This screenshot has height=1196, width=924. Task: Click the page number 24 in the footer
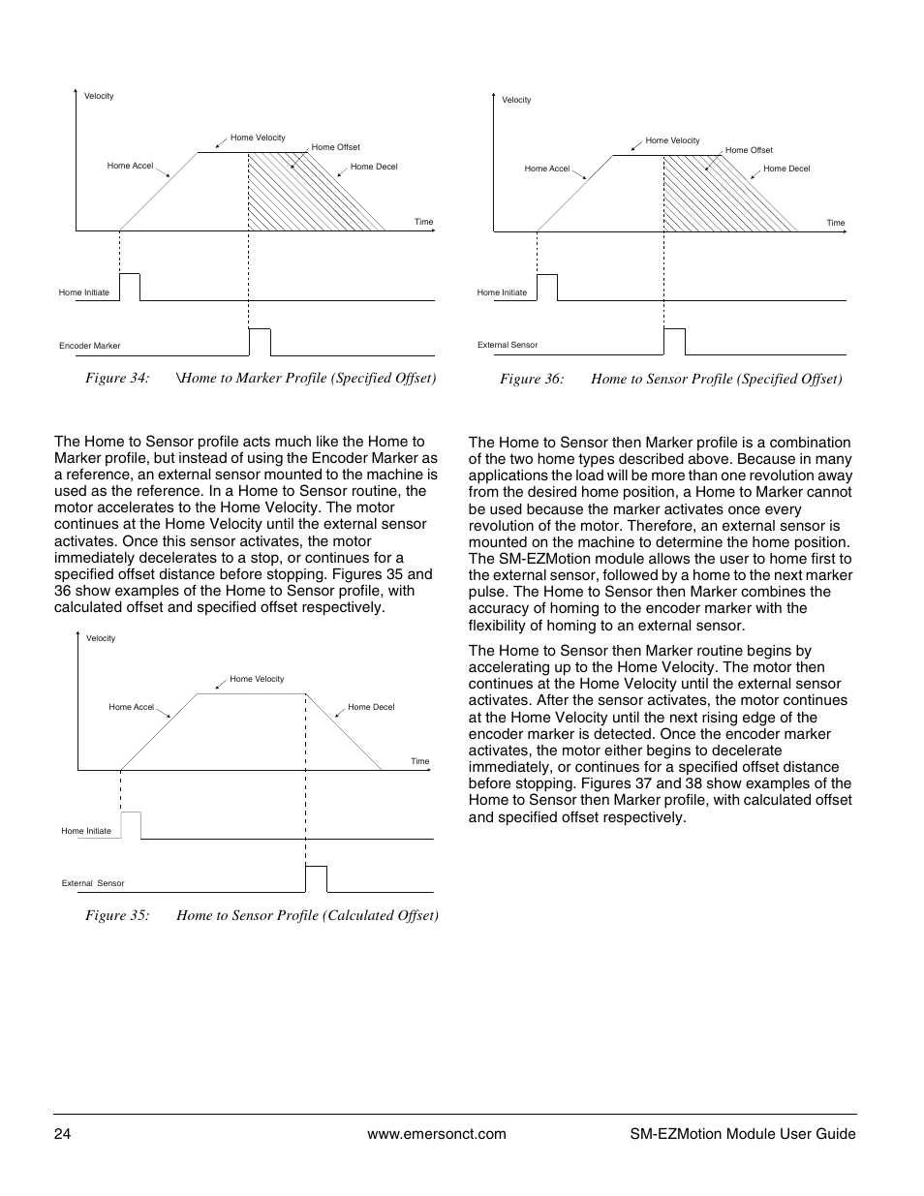[62, 1134]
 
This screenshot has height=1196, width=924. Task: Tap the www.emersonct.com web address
[436, 1134]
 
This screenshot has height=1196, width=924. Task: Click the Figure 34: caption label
[117, 378]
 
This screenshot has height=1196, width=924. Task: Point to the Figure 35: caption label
[117, 915]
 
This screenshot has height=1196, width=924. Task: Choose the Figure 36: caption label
[532, 379]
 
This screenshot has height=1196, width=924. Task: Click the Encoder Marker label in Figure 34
[89, 346]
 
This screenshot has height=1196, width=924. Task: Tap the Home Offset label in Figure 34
[335, 147]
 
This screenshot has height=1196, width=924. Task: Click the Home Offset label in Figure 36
[749, 150]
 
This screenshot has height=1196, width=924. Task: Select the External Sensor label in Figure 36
[508, 345]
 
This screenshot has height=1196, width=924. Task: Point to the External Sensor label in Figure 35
[93, 883]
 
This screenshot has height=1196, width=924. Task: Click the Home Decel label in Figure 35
[371, 707]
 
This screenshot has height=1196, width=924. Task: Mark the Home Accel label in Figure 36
[547, 169]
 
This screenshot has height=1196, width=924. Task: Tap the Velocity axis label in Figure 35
[101, 638]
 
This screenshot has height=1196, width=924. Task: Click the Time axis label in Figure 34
[423, 222]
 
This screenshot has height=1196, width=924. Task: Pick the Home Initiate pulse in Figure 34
[130, 288]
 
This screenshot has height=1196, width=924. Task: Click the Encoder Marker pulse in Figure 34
[260, 342]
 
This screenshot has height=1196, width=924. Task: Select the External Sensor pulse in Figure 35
[317, 878]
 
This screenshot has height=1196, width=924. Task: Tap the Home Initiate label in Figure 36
[502, 292]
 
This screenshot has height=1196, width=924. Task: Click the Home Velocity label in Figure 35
[257, 679]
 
